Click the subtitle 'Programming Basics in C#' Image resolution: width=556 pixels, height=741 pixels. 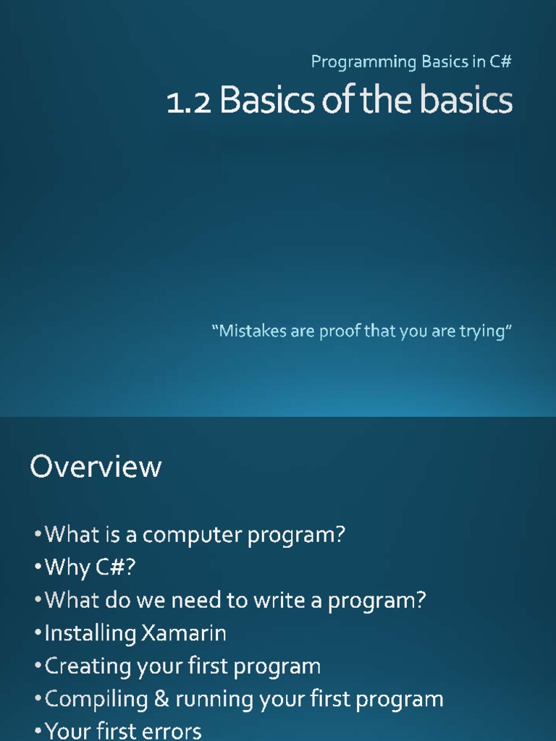[411, 62]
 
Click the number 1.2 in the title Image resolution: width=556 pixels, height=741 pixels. [190, 102]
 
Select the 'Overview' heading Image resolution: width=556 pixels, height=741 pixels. [96, 467]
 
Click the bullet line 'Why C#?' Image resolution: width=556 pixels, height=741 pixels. [90, 568]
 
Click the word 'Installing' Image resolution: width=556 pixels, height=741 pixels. [90, 634]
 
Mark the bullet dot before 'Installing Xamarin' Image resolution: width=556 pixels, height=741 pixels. [38, 635]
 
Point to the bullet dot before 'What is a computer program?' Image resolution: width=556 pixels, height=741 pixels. [38, 535]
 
